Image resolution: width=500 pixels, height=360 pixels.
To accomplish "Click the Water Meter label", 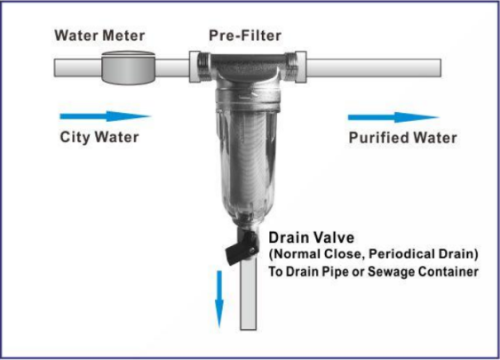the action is (x=99, y=36).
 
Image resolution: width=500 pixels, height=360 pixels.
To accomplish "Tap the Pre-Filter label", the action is (x=245, y=36).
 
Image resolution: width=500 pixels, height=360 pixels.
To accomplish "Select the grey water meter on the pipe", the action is (x=128, y=68).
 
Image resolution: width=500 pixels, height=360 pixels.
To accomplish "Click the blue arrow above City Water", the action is (x=105, y=116).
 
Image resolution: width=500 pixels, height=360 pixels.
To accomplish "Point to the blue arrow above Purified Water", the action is (x=393, y=117).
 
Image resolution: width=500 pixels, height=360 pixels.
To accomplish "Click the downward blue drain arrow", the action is (x=219, y=299).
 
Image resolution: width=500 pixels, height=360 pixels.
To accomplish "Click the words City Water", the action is (x=99, y=137).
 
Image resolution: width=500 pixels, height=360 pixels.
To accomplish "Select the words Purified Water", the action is (x=403, y=138).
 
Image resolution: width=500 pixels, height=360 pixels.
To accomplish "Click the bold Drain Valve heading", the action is (x=311, y=237).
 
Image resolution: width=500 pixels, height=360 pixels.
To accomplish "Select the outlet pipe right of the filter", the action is (x=374, y=68).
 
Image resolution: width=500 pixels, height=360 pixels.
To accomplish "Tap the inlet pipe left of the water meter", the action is (x=78, y=68).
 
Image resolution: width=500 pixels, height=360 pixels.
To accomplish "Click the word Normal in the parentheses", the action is (x=297, y=254).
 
